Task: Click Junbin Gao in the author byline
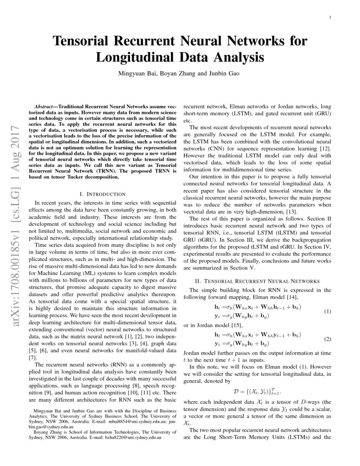[224, 73]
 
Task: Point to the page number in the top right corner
[330, 17]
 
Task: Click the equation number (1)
[327, 311]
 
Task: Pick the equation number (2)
[327, 339]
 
